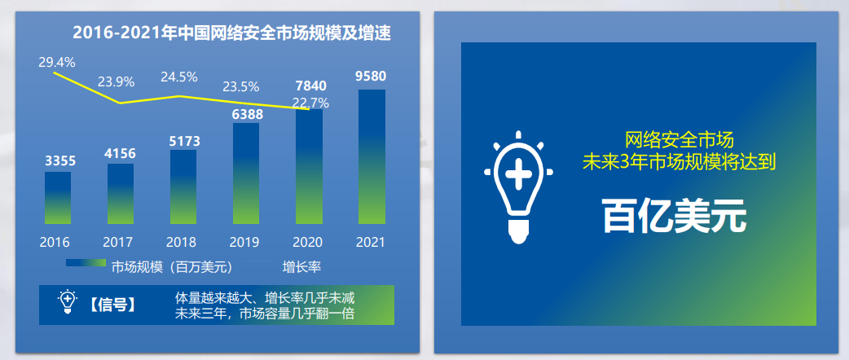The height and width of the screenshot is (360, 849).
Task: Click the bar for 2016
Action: [x=57, y=198]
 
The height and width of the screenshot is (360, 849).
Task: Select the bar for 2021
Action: [x=372, y=157]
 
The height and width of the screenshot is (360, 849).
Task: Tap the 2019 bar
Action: [x=246, y=173]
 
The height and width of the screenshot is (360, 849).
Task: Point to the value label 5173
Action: [x=183, y=142]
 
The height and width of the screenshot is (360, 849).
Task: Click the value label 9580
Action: [x=371, y=77]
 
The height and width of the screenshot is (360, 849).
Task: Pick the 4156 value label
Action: [x=121, y=154]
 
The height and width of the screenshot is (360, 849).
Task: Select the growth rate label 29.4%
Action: [x=57, y=62]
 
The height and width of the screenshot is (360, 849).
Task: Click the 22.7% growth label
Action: [x=310, y=103]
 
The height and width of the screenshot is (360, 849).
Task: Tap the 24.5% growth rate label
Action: [x=178, y=77]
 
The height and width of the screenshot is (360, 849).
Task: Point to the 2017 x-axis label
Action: [x=118, y=242]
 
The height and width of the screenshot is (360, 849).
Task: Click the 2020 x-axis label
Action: [x=307, y=242]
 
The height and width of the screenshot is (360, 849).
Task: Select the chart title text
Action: [x=231, y=33]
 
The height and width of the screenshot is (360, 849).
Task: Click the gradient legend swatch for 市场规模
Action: [x=86, y=263]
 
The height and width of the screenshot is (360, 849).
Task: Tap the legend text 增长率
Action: [x=301, y=267]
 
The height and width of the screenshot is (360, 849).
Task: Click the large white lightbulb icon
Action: [x=518, y=187]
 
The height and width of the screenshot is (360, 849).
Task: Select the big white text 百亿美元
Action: [x=674, y=217]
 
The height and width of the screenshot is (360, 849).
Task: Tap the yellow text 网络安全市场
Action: [x=680, y=140]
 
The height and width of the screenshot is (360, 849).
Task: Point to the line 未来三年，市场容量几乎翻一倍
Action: [x=265, y=314]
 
